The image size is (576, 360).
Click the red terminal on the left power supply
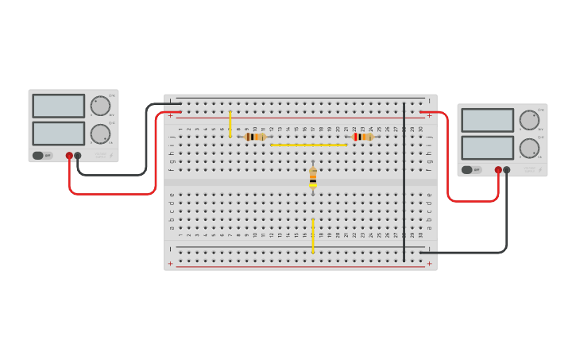coord(69,156)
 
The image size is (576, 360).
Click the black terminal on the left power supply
coord(78,156)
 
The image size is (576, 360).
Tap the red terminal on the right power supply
coord(498,169)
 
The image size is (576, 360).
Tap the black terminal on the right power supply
coord(507,169)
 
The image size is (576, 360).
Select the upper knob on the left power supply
coord(100,106)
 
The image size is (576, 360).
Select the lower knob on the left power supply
coord(100,134)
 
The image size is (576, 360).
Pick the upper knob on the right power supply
coord(529,120)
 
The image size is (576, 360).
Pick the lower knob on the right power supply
coord(529,148)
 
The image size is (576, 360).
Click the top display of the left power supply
coord(59,106)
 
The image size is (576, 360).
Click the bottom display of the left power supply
coord(59,133)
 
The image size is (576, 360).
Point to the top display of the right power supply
coord(488,120)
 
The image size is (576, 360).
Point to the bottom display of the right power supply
coord(488,147)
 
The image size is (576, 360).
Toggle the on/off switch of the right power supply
coord(468,169)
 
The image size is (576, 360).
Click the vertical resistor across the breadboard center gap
coord(313,178)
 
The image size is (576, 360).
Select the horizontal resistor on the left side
coord(254,137)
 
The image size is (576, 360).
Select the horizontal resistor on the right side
coord(362,137)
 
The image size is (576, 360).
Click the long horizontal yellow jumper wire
coord(308,145)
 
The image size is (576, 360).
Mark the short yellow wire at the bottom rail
coord(313,236)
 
